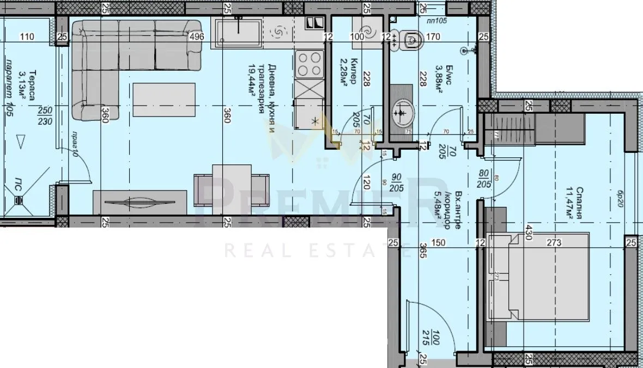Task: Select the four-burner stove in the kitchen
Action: point(308,63)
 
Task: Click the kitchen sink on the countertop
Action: point(238,32)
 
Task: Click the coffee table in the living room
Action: point(164,100)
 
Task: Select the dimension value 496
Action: point(197,37)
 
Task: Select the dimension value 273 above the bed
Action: point(554,243)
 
